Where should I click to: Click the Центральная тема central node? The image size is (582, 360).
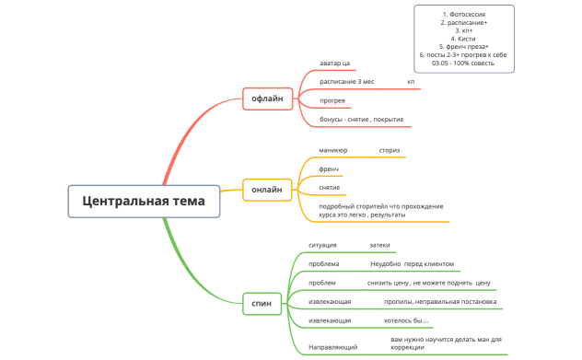(145, 201)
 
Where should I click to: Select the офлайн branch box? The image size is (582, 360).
(267, 98)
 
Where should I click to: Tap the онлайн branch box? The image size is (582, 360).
(267, 190)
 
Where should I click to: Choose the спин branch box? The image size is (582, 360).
(262, 303)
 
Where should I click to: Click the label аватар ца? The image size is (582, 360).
(335, 64)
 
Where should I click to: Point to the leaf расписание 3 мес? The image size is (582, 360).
(347, 82)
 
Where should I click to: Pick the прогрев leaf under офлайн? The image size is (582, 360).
(332, 99)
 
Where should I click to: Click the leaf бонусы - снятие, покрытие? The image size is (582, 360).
(361, 120)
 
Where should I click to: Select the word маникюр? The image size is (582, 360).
(333, 150)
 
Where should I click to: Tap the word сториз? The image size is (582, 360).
(390, 150)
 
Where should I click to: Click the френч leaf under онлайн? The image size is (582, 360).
(330, 169)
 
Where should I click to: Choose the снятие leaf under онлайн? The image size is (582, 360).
(330, 187)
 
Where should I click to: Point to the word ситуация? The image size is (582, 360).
(322, 246)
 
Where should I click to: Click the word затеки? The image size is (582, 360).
(379, 246)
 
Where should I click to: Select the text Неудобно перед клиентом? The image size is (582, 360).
(405, 263)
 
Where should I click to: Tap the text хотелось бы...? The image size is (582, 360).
(406, 320)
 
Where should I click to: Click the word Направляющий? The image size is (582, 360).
(332, 347)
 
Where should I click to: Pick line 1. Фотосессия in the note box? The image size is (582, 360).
(464, 14)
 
